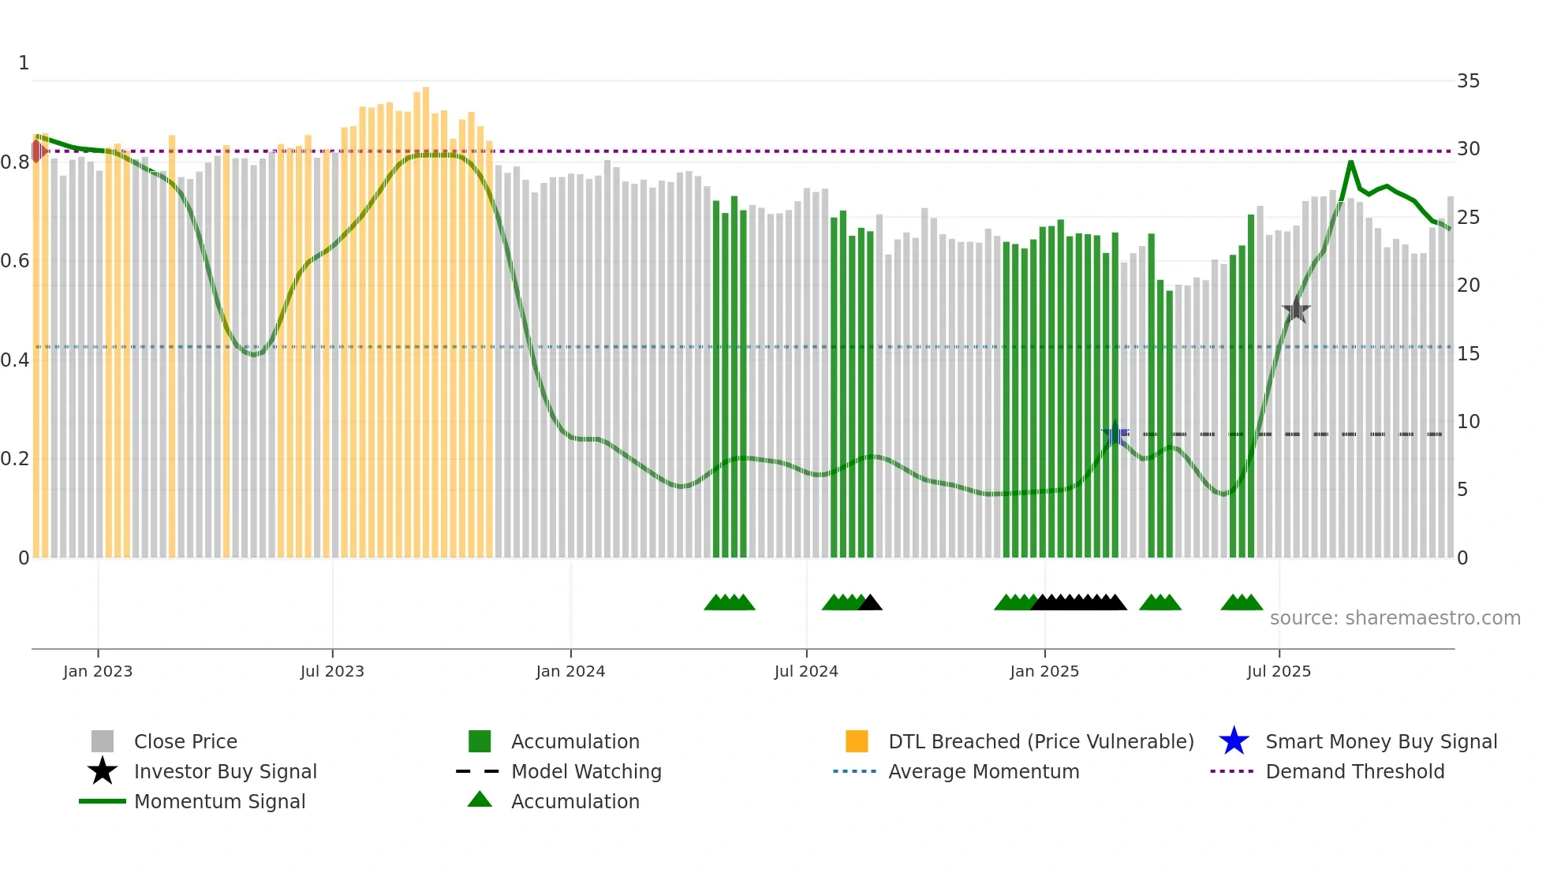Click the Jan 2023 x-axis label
pos(98,672)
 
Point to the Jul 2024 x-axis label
pos(806,672)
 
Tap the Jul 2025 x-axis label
pos(1279,672)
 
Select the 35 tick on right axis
pos(1468,81)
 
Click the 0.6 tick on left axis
pos(15,261)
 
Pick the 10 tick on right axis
pos(1468,422)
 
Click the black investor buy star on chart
pos(1296,310)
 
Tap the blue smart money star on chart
pos(1115,434)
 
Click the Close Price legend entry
pos(185,742)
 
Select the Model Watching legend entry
pos(586,772)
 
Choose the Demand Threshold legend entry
pos(1354,772)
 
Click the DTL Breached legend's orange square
pos(857,742)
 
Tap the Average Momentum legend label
pos(984,772)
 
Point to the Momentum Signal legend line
pos(103,802)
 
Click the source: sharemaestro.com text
pos(1395,618)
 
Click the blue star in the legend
pos(1234,742)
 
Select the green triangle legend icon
pos(480,800)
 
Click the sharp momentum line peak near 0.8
pos(1350,162)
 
